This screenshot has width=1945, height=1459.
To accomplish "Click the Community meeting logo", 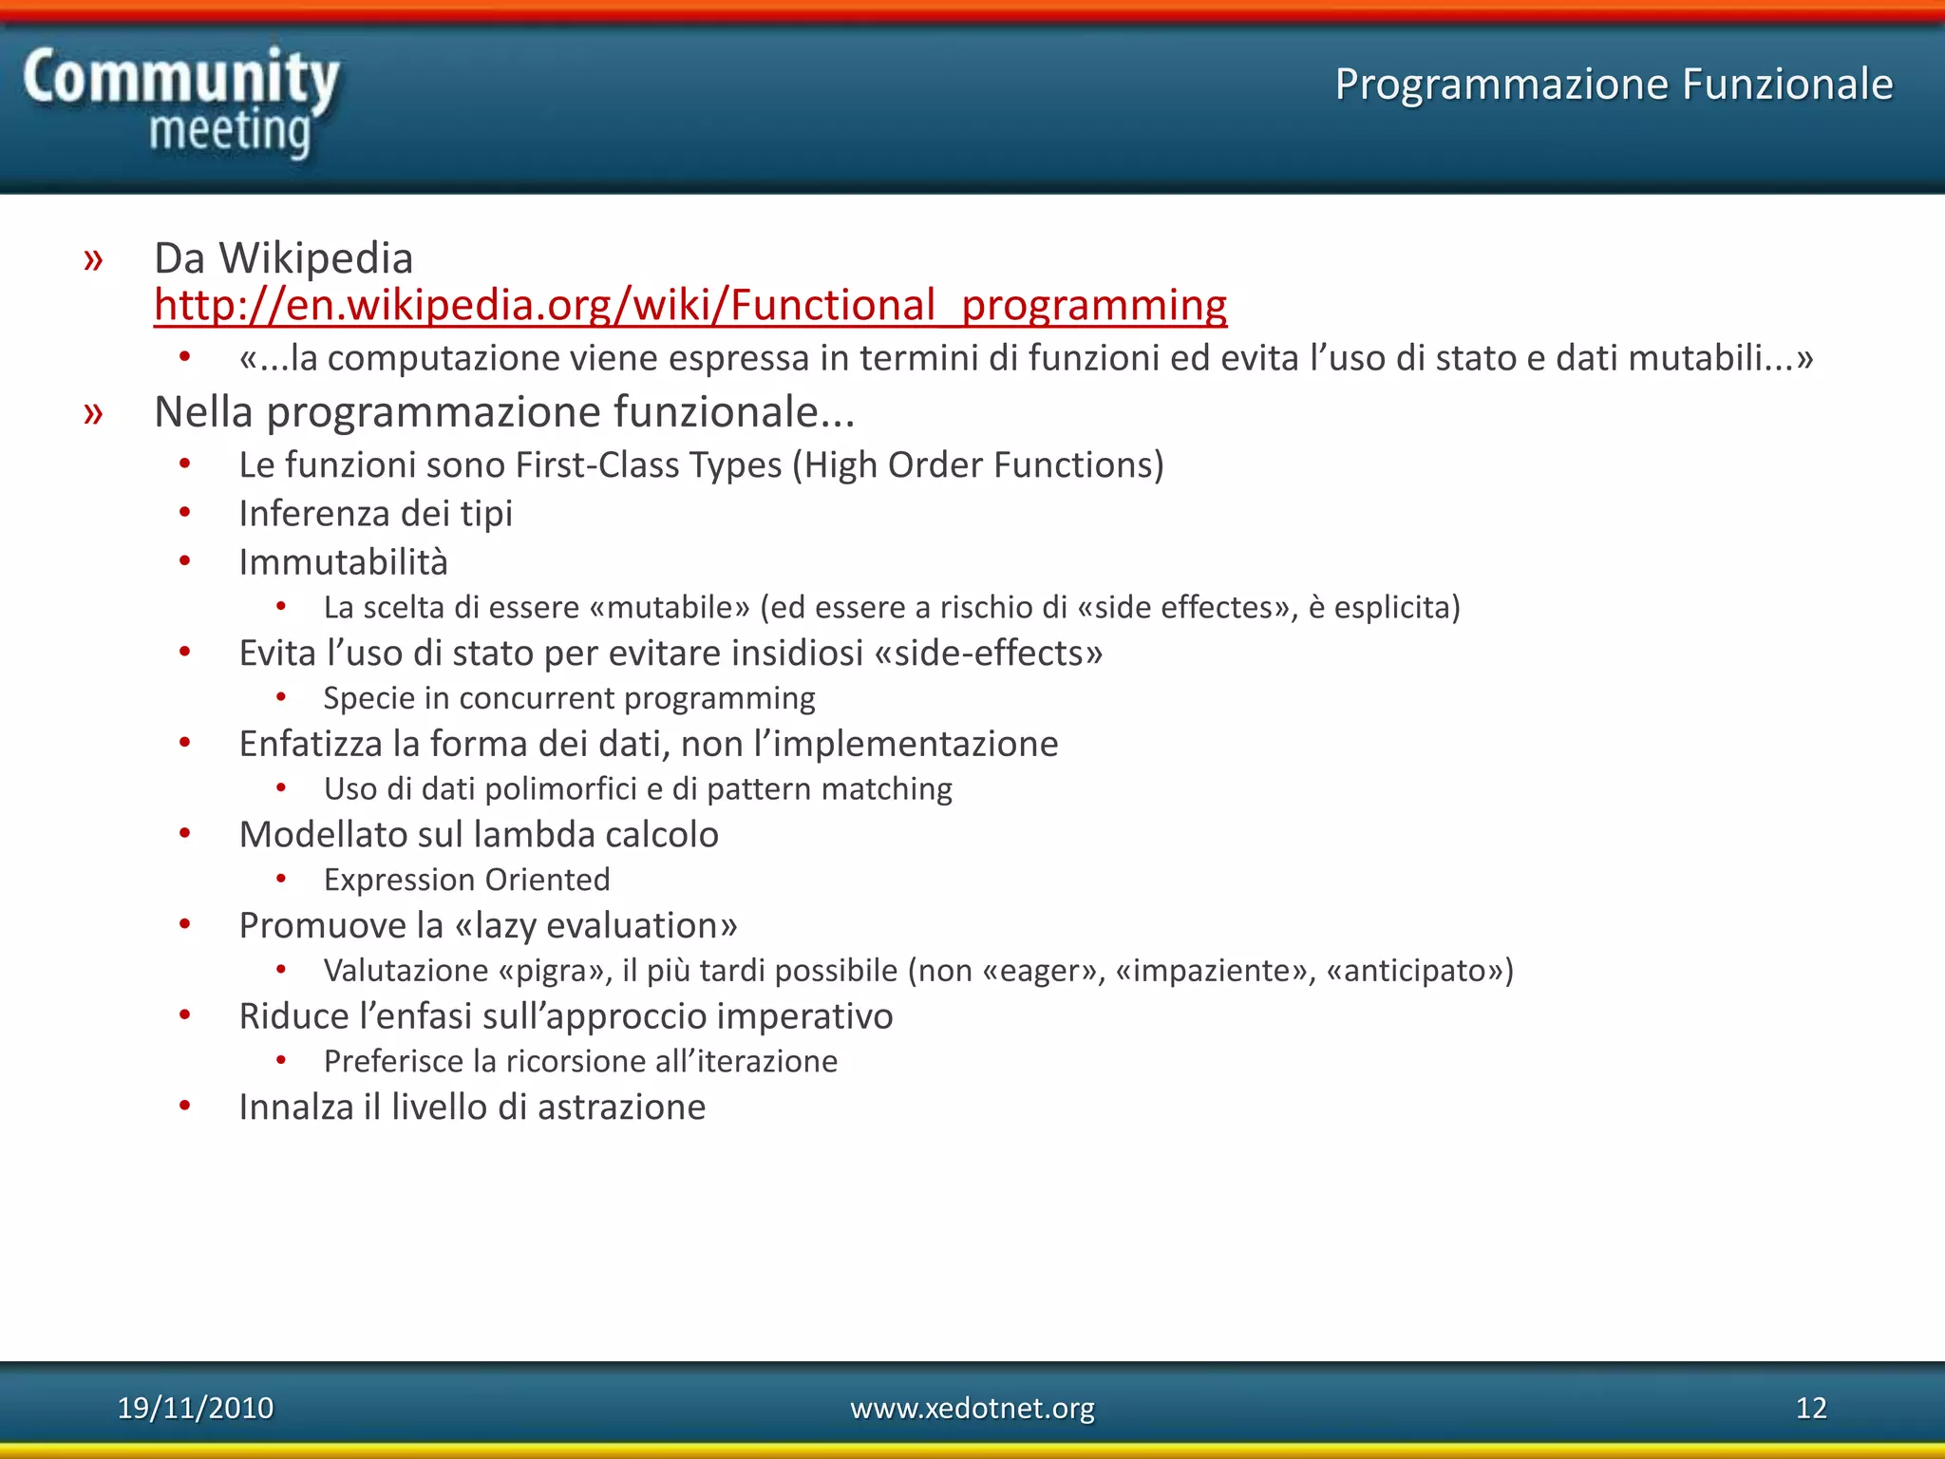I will (180, 103).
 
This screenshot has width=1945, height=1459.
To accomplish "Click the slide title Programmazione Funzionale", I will (1614, 84).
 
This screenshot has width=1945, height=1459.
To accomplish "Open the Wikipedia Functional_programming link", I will (690, 306).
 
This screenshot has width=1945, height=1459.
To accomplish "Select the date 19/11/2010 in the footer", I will (195, 1408).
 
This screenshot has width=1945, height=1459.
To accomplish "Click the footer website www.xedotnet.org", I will (972, 1408).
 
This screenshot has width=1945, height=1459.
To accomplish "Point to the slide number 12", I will (1810, 1408).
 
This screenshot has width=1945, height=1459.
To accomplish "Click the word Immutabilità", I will (343, 562).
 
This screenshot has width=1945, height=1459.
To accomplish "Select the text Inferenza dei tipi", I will (375, 514).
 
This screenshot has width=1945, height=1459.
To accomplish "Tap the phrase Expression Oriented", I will (466, 880).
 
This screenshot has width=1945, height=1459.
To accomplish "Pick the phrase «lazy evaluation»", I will (596, 925).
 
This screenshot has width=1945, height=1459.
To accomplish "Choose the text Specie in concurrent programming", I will (569, 698).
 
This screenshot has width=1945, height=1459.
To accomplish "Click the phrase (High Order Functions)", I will (977, 465).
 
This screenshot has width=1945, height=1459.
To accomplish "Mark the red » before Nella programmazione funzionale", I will (93, 413).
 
